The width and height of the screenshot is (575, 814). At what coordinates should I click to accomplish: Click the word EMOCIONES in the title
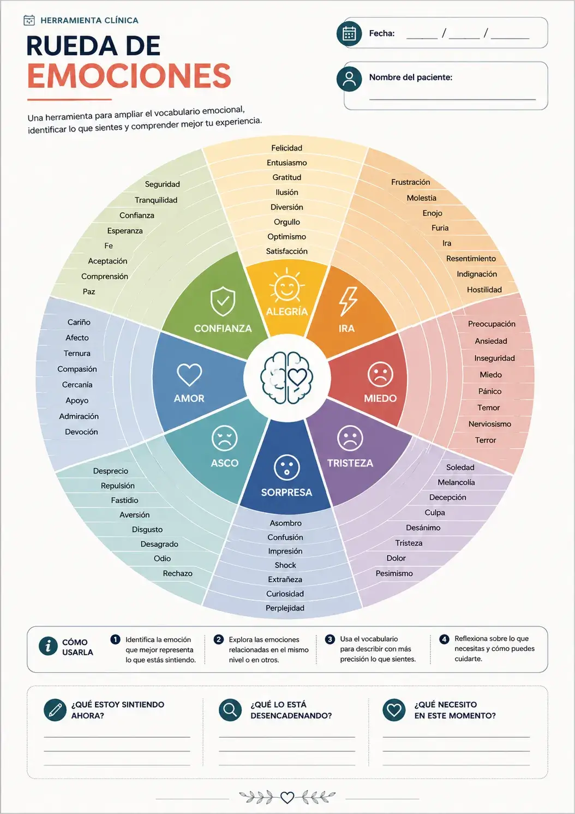(129, 76)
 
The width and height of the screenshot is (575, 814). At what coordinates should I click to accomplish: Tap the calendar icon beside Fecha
(349, 34)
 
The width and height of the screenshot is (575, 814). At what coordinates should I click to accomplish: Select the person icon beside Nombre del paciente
(349, 79)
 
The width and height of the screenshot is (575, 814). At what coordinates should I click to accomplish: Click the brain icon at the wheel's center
(287, 378)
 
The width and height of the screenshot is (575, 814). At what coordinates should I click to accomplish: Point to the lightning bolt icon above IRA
(348, 301)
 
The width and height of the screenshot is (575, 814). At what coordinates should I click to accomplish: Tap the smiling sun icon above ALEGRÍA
(287, 286)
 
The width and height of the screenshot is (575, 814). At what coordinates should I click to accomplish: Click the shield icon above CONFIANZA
(223, 301)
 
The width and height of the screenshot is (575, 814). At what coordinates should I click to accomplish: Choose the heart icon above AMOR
(189, 375)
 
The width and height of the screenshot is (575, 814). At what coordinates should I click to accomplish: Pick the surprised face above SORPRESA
(287, 467)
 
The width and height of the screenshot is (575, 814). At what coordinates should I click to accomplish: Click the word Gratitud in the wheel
(287, 177)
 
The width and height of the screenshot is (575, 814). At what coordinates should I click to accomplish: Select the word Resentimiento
(471, 259)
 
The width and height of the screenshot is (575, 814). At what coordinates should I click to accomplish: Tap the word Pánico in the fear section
(490, 391)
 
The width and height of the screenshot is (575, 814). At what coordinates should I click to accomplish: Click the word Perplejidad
(285, 608)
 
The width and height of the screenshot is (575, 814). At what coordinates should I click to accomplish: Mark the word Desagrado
(159, 544)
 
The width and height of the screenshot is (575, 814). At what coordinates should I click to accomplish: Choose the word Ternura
(77, 353)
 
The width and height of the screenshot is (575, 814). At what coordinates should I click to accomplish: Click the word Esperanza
(125, 231)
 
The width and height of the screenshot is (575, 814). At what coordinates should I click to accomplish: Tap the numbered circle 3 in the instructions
(330, 639)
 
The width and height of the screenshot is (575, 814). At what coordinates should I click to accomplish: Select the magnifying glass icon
(230, 710)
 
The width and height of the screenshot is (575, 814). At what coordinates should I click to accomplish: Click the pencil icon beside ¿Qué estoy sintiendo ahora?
(55, 710)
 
